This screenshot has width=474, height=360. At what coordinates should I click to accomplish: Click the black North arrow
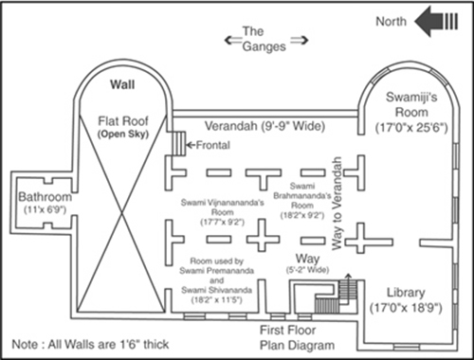pos(436,22)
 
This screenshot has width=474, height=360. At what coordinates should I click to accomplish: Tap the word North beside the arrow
pos(391,22)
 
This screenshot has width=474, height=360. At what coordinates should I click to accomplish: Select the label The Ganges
pos(264,39)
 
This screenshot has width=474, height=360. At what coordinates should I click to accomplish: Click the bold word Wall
pos(122,84)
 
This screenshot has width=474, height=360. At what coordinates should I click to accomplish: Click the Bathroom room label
pos(45,197)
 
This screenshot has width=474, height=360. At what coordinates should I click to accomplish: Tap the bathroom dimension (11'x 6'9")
pos(45,209)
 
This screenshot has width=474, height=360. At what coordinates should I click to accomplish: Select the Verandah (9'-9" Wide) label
pos(264,126)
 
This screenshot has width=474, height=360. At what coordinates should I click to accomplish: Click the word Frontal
pos(213,145)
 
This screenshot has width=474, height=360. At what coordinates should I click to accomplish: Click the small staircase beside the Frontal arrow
pos(179,144)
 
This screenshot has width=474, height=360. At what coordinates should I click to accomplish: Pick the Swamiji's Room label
pos(411,104)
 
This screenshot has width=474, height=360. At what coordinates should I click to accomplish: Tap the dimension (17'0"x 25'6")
pos(411,128)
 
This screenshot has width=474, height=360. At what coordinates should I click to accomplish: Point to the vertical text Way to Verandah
pos(337,204)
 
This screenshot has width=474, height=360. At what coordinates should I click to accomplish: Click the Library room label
pos(406,293)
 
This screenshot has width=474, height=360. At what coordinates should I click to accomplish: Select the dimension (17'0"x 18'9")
pos(406,308)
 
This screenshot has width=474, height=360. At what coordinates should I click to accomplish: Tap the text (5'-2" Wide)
pos(307,270)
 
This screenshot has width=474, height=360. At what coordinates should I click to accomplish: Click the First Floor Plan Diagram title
pos(297,337)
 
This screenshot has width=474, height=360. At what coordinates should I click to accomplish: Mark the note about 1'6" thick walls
pos(90,344)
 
